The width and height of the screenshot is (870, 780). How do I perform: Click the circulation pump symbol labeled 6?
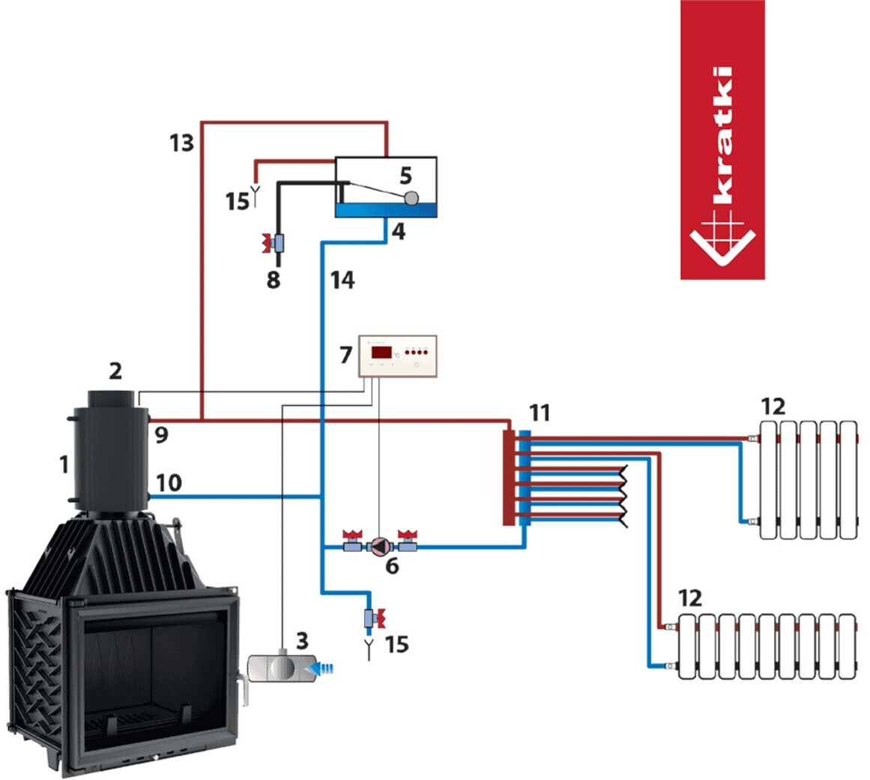pyautogui.click(x=379, y=546)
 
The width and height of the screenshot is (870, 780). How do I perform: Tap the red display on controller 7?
pyautogui.click(x=381, y=352)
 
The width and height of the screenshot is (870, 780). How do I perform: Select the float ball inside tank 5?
pyautogui.click(x=411, y=198)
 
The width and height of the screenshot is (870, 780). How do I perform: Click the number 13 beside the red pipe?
pyautogui.click(x=182, y=143)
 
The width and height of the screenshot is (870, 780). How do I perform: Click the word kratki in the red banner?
pyautogui.click(x=723, y=135)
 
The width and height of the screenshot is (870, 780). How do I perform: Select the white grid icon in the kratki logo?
pyautogui.click(x=722, y=241)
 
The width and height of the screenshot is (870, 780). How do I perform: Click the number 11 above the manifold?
pyautogui.click(x=540, y=413)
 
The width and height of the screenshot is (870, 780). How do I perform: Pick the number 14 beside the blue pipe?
pyautogui.click(x=342, y=280)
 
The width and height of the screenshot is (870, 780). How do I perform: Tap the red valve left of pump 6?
pyautogui.click(x=351, y=541)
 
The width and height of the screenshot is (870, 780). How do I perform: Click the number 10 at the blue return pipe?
pyautogui.click(x=169, y=483)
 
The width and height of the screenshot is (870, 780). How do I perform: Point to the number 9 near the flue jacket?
pyautogui.click(x=161, y=435)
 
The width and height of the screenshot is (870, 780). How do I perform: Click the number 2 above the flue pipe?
pyautogui.click(x=115, y=370)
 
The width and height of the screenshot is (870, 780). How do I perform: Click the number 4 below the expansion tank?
pyautogui.click(x=399, y=231)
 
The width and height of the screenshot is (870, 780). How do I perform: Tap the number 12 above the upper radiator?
pyautogui.click(x=773, y=407)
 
